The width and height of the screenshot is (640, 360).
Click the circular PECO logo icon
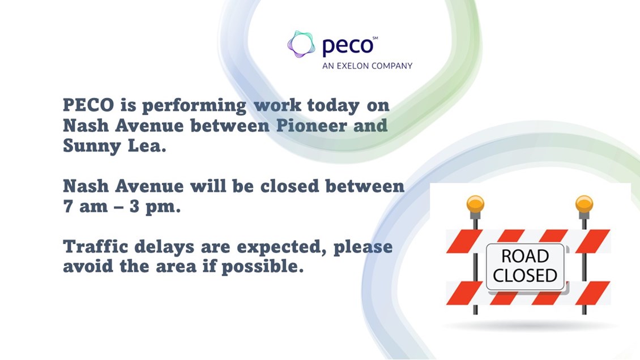(301, 44)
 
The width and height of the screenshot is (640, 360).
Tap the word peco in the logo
(347, 46)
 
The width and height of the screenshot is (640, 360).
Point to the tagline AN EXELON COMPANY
(368, 66)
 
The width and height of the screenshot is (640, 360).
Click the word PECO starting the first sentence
(88, 105)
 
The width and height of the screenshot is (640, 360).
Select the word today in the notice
(333, 106)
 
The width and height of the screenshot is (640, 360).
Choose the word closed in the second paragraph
(289, 186)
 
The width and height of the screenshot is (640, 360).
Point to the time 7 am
(85, 206)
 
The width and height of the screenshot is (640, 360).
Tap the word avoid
(88, 266)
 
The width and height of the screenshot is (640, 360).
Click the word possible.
(262, 267)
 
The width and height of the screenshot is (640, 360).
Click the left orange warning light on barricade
(476, 204)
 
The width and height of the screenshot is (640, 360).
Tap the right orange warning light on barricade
(584, 204)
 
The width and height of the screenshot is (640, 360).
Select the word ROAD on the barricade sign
(525, 256)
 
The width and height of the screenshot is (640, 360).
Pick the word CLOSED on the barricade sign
(525, 276)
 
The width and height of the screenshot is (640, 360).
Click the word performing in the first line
(194, 106)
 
